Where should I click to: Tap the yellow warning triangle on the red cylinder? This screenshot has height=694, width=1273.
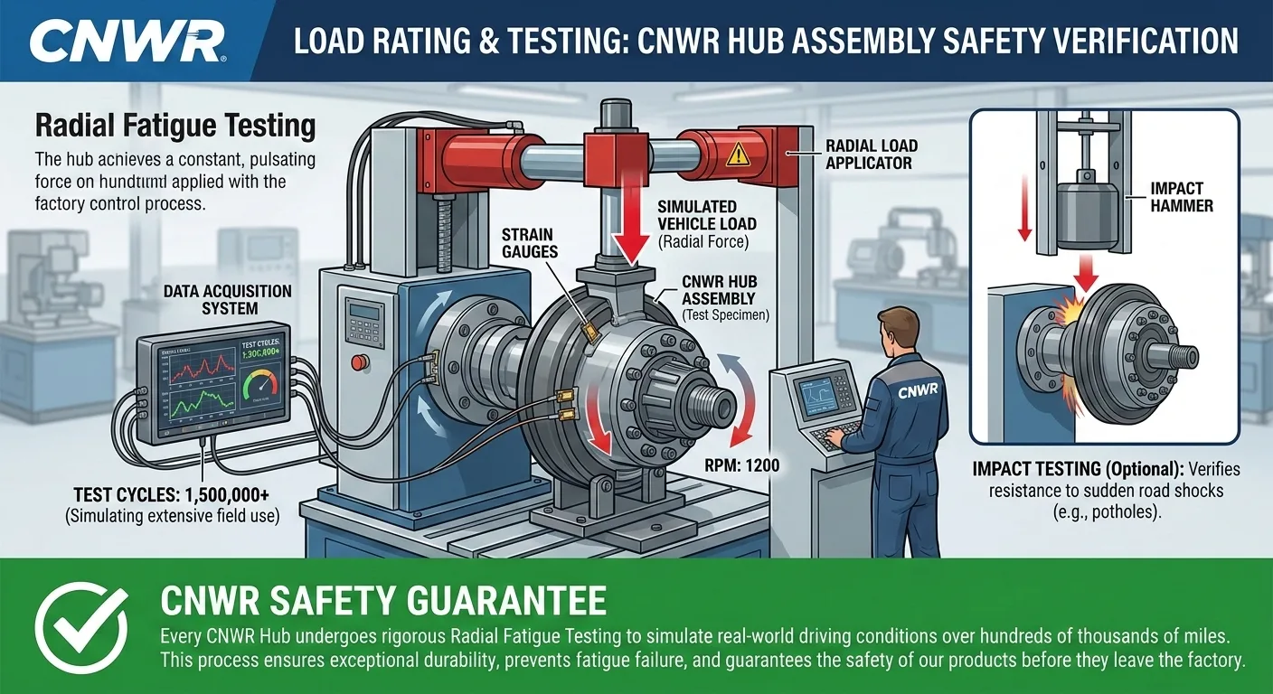coord(738,155)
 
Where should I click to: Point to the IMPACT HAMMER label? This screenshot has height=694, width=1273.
coord(1176,197)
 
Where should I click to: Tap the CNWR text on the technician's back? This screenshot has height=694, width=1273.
coord(918,392)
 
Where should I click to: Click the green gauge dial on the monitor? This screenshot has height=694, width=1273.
coord(261,388)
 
